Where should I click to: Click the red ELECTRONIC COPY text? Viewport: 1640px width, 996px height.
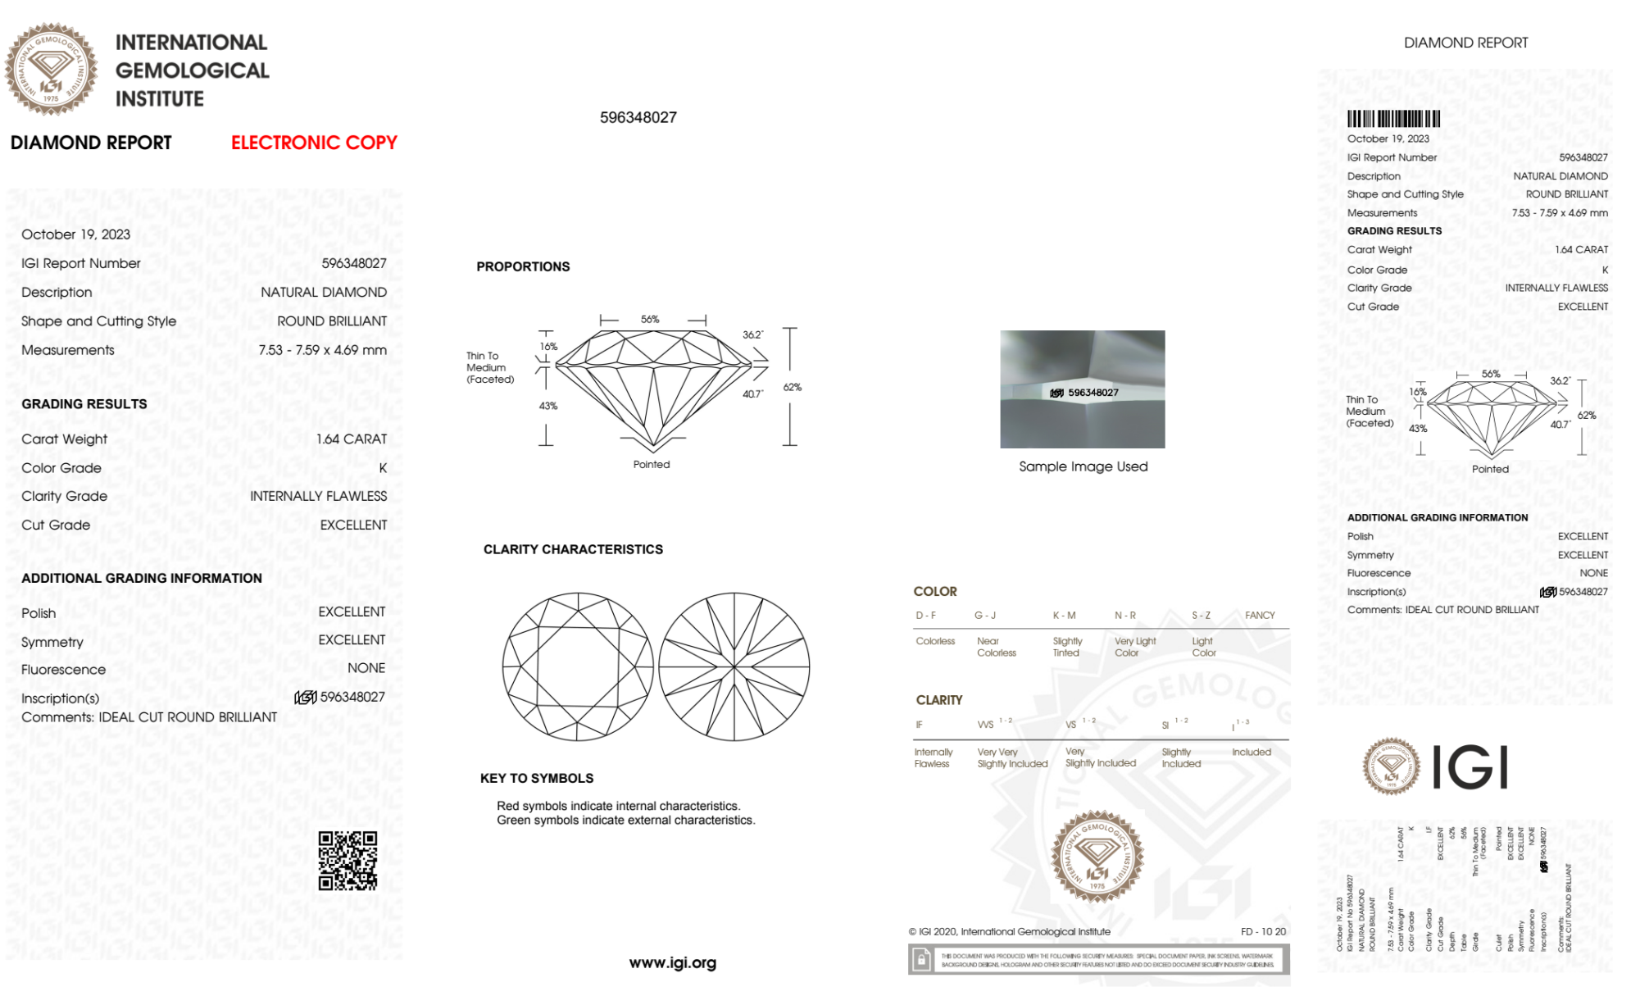tap(314, 143)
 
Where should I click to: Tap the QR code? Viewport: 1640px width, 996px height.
tap(348, 861)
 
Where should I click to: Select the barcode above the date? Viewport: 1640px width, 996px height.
tap(1393, 119)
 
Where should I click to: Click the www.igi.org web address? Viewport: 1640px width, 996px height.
tap(672, 962)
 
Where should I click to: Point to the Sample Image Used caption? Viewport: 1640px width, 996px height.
tap(1083, 466)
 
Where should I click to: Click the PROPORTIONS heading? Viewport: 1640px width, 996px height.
tap(523, 266)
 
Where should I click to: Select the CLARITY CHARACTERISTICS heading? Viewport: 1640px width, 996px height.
tap(573, 549)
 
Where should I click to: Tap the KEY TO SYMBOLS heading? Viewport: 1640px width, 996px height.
tap(537, 778)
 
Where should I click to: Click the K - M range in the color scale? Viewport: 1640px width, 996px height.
tap(1064, 615)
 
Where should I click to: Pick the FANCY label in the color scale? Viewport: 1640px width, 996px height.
tap(1260, 615)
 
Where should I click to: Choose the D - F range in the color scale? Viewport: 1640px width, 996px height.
tap(926, 615)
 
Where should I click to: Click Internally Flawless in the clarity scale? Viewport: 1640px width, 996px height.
tap(933, 757)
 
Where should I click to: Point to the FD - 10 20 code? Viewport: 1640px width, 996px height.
tap(1263, 931)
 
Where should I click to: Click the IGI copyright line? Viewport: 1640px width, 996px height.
tap(1009, 931)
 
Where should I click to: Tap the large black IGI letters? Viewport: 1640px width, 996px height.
tap(1470, 767)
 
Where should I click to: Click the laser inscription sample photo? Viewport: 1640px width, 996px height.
tap(1082, 389)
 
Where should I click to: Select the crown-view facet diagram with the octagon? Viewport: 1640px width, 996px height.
tap(578, 666)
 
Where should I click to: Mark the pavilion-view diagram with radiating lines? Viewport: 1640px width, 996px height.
tap(734, 666)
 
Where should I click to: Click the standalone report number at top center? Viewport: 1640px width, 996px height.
tap(638, 117)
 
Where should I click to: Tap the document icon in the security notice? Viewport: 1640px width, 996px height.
tap(921, 959)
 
